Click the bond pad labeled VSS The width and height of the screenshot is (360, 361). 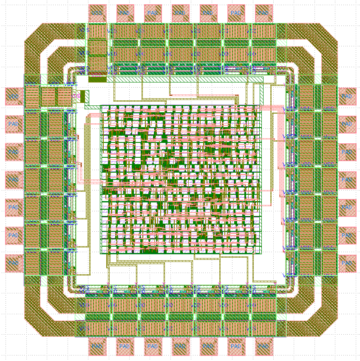point(97,13)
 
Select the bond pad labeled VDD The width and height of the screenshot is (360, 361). point(14,96)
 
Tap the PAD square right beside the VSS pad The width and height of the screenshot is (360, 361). point(125,13)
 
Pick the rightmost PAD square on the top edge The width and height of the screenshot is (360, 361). point(263,13)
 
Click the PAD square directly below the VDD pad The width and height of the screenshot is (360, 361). point(14,124)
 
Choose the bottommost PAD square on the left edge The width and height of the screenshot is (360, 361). point(14,263)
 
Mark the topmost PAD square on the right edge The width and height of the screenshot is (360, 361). point(347,96)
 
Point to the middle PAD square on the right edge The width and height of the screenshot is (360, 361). point(347,179)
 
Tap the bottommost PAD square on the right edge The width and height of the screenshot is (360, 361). point(347,263)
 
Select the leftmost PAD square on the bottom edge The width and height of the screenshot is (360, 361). point(97,347)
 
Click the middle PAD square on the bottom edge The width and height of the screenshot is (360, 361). point(180,347)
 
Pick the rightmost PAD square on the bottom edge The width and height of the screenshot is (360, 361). point(263,347)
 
